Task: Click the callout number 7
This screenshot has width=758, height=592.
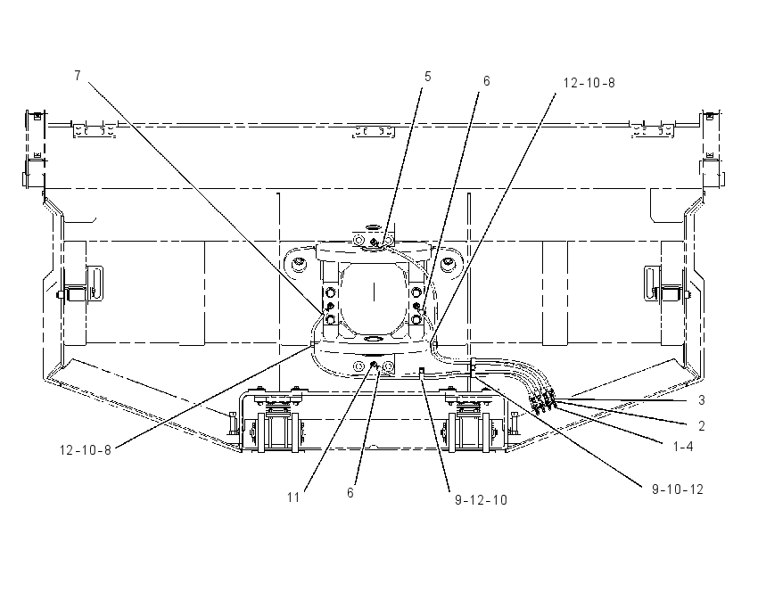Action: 78,76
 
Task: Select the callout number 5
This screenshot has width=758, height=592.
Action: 428,77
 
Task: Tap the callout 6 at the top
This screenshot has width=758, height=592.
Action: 487,81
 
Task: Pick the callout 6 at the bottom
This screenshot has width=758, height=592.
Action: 350,493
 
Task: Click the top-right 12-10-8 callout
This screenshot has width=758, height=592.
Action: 589,83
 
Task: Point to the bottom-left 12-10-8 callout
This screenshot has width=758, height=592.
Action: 86,450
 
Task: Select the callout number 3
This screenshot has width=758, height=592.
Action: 702,400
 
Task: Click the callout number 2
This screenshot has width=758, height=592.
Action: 702,426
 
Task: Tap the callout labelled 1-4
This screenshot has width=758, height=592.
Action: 683,447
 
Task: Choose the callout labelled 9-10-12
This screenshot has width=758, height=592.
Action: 678,489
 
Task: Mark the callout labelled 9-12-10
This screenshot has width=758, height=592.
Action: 482,500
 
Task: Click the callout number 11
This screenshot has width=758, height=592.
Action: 293,497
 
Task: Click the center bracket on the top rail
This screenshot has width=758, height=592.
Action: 373,131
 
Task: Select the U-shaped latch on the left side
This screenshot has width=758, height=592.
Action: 95,283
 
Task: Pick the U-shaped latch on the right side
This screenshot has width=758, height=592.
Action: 653,283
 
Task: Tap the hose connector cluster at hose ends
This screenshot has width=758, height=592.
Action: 543,400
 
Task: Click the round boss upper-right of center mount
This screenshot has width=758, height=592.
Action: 447,264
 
